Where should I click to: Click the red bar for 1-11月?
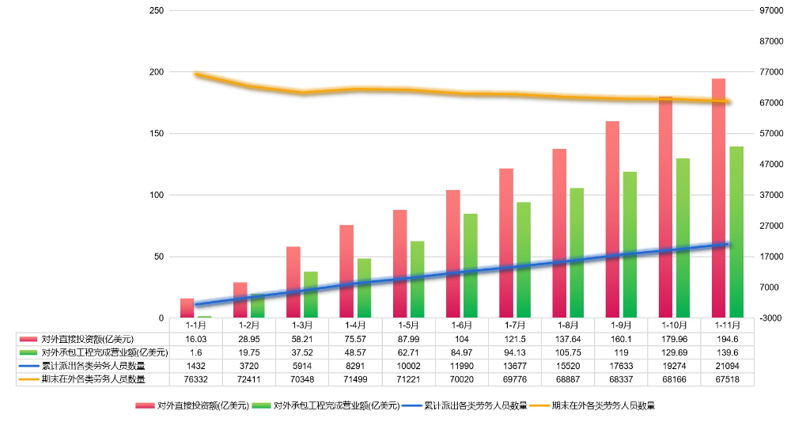coord(718,198)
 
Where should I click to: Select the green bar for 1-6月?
coord(471,265)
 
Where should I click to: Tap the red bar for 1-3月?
coord(293,282)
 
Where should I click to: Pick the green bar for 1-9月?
coord(630,245)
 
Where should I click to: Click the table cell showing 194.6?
coord(728,338)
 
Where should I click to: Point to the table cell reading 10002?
coord(409,366)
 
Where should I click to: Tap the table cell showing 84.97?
coord(462,352)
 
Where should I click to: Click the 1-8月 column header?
coord(569,325)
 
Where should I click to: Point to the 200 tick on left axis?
coord(157,72)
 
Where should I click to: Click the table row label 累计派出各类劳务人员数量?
coord(93,366)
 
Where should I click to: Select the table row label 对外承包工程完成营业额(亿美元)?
coord(104,352)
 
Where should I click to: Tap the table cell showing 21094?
coord(728,366)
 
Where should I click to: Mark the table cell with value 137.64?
coord(569,338)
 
